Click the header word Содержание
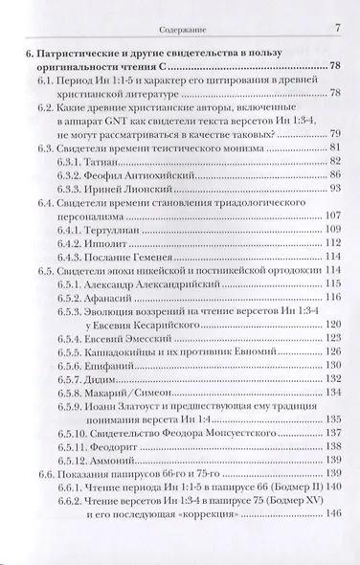click(181, 11)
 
